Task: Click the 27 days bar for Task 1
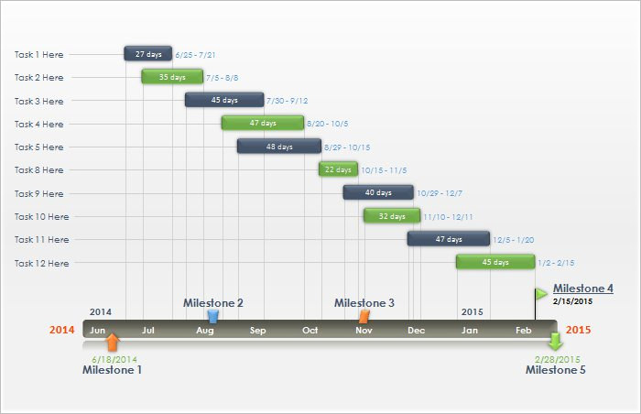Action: (148, 54)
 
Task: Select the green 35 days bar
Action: (172, 77)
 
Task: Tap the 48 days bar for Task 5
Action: (279, 147)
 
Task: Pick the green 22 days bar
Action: (338, 169)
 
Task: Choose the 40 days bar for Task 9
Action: (377, 192)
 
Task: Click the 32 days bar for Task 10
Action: (392, 216)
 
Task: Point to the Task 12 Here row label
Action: (41, 263)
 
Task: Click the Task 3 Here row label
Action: (38, 101)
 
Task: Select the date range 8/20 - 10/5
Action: (327, 124)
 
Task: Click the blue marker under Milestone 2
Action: (213, 316)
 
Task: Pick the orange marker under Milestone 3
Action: (364, 316)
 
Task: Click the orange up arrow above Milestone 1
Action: (112, 343)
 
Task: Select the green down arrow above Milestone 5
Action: (555, 343)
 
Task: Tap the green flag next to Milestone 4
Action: (541, 293)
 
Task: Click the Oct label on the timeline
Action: (310, 330)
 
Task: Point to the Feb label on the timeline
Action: (523, 330)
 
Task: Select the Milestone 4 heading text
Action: (582, 288)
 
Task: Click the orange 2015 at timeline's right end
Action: (579, 330)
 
